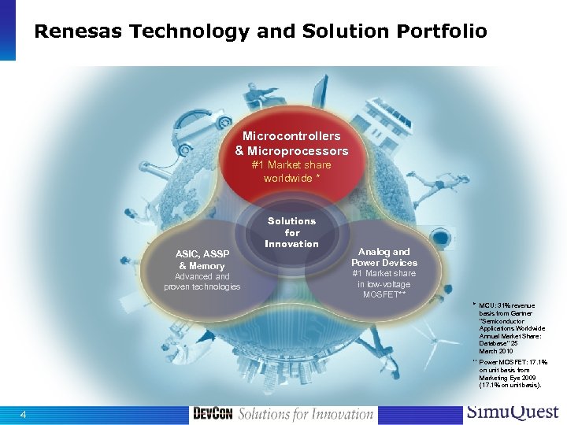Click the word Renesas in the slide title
[79, 32]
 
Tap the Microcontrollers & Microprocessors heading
[291, 143]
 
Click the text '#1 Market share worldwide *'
[291, 172]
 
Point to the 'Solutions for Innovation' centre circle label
[291, 232]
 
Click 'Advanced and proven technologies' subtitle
[202, 281]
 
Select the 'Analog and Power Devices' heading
[384, 257]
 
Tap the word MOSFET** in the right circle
[384, 294]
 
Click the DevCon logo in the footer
[212, 414]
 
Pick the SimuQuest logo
[513, 412]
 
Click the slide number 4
[24, 415]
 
